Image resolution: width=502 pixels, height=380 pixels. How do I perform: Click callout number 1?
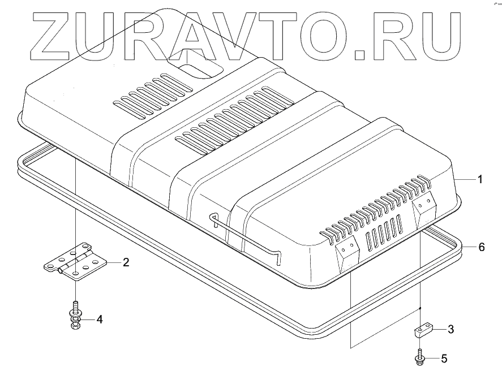479,180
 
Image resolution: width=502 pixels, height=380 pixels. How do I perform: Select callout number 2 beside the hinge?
126,262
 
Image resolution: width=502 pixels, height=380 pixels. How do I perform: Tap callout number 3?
450,329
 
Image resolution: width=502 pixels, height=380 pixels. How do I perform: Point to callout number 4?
99,319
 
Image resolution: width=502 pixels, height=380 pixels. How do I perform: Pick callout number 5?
444,358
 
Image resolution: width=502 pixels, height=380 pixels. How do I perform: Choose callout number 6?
481,247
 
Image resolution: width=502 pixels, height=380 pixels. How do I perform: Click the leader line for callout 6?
467,247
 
